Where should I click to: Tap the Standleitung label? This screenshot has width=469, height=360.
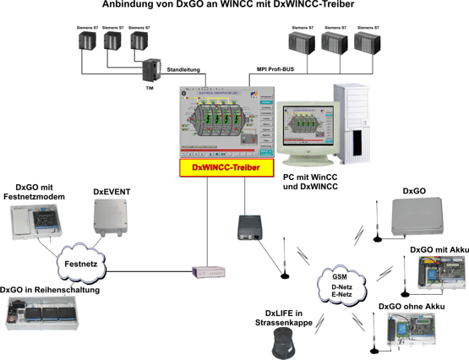(x=187, y=70)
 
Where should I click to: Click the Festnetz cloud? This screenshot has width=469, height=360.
(x=77, y=263)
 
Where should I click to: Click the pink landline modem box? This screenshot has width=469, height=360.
(x=207, y=272)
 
